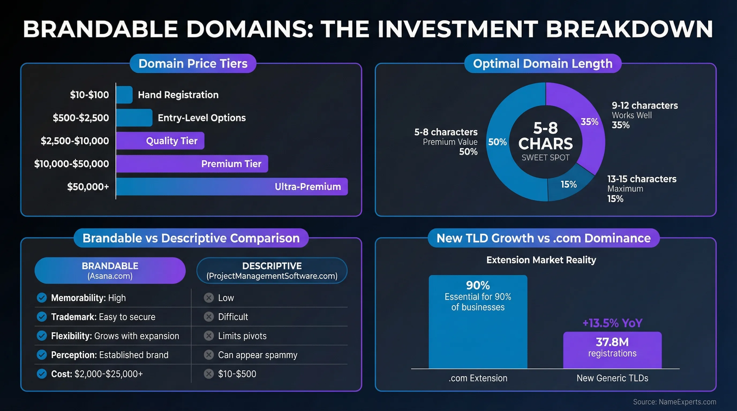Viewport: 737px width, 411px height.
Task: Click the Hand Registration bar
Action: [124, 95]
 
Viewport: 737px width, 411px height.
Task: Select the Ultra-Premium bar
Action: [232, 187]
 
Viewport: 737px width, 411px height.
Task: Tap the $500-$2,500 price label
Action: [81, 118]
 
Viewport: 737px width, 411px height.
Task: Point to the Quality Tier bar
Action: [160, 141]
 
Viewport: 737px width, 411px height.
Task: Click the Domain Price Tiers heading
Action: [193, 63]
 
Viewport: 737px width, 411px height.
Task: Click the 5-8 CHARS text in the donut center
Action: [545, 136]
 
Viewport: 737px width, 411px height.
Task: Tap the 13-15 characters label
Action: [642, 179]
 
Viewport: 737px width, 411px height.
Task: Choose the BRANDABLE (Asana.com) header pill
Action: [110, 270]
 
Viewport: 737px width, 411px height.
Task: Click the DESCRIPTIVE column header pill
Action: [272, 270]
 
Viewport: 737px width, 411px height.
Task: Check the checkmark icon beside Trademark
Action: [42, 317]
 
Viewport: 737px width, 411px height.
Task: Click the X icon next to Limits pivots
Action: [209, 336]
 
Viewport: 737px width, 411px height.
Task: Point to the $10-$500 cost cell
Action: [237, 374]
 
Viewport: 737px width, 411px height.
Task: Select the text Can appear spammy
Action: [257, 355]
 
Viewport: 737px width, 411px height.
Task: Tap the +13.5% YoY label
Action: [612, 323]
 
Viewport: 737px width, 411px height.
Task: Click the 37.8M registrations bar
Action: [612, 350]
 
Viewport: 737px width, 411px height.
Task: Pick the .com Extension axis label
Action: [478, 378]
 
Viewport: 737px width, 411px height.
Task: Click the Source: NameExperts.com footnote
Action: [674, 402]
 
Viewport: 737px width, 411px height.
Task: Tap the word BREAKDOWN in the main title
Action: [629, 29]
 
